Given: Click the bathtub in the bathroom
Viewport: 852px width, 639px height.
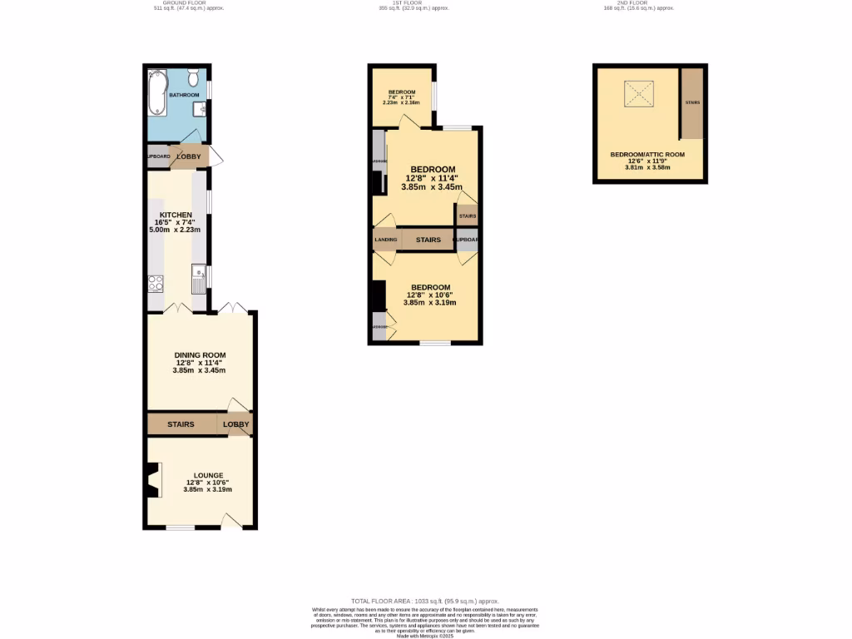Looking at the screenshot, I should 156,93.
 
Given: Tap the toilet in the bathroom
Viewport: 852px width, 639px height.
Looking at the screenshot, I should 193,79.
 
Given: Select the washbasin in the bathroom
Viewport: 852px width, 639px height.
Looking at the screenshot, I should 201,108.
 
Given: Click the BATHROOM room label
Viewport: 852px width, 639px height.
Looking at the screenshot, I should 184,96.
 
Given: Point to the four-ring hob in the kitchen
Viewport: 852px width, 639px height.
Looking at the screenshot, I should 155,284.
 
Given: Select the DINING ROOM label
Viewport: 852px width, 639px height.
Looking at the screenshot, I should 200,355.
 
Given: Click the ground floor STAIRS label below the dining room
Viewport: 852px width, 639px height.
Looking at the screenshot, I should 181,424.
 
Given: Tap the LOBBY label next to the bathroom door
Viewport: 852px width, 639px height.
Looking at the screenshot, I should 188,156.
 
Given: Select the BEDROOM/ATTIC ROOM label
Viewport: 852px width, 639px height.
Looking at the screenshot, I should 646,155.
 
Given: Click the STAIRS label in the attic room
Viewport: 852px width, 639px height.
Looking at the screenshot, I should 692,102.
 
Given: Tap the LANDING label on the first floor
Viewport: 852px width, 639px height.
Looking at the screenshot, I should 385,240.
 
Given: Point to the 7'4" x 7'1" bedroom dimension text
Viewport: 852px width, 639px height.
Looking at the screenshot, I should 401,97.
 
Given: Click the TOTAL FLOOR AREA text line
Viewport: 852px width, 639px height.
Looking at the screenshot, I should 424,601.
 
